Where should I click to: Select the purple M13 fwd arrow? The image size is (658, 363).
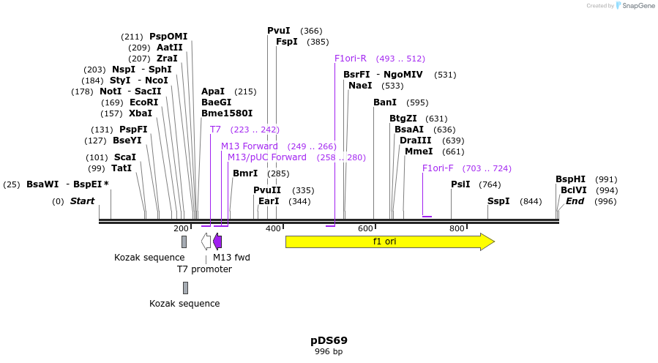[x=217, y=242]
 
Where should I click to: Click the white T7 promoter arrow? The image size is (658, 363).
[x=206, y=242]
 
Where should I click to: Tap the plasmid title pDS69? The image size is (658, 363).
[x=329, y=340]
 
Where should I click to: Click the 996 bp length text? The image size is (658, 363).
[x=329, y=352]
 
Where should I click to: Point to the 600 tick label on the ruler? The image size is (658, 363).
[x=365, y=229]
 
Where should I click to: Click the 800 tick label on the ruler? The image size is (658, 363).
[x=457, y=229]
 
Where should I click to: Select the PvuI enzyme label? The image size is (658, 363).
[x=278, y=31]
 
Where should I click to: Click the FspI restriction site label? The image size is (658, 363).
[x=286, y=42]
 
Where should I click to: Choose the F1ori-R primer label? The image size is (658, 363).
[x=350, y=59]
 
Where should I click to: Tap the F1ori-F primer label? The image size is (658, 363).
[x=438, y=168]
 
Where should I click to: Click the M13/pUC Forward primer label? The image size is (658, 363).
[x=266, y=157]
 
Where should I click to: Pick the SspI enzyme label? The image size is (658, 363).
[x=498, y=201]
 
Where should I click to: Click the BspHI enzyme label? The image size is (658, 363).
[x=570, y=179]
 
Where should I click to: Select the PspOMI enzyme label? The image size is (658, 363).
[x=168, y=37]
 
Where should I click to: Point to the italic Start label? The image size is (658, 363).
[x=82, y=201]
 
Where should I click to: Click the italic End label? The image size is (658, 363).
[x=575, y=201]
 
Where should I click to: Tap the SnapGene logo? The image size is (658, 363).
[x=635, y=6]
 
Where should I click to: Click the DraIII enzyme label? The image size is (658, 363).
[x=415, y=141]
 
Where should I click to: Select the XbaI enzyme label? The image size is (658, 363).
[x=141, y=113]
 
